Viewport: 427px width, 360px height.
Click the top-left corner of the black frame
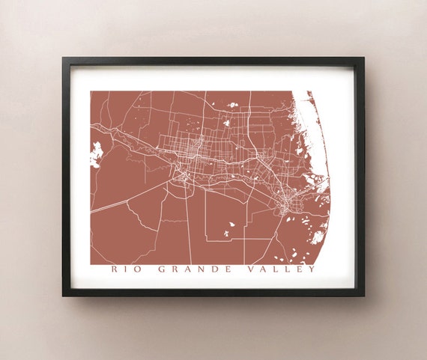coord(63,58)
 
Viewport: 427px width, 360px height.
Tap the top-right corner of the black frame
coord(364,58)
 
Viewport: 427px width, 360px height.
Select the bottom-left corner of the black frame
coord(63,296)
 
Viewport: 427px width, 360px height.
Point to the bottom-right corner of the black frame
coord(364,296)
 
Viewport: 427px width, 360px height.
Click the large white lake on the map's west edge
coord(96,153)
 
